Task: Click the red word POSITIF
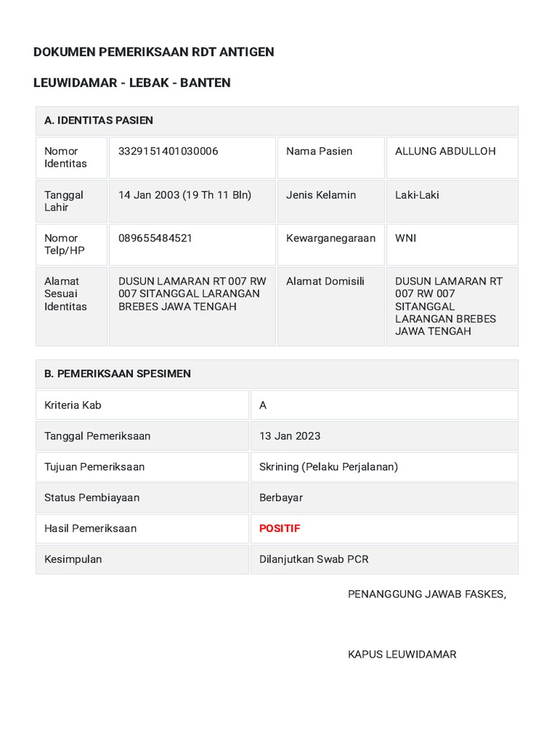[280, 528]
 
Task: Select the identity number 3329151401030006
[168, 151]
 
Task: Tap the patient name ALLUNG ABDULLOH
[445, 151]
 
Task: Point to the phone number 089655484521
[155, 238]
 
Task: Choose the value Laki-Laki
[417, 195]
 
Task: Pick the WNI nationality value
[405, 238]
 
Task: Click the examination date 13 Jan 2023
[290, 436]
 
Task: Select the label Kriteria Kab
[73, 405]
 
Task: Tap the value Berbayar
[281, 497]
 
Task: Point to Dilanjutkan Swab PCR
[313, 559]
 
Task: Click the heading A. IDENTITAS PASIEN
[98, 120]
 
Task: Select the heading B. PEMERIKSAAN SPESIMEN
[117, 374]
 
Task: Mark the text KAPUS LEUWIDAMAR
[402, 654]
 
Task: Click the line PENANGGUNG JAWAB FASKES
[427, 594]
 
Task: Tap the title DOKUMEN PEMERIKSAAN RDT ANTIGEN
[154, 52]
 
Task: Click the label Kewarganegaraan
[331, 238]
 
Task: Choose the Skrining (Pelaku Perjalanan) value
[328, 466]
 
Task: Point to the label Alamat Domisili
[325, 281]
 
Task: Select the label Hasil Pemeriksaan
[91, 528]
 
